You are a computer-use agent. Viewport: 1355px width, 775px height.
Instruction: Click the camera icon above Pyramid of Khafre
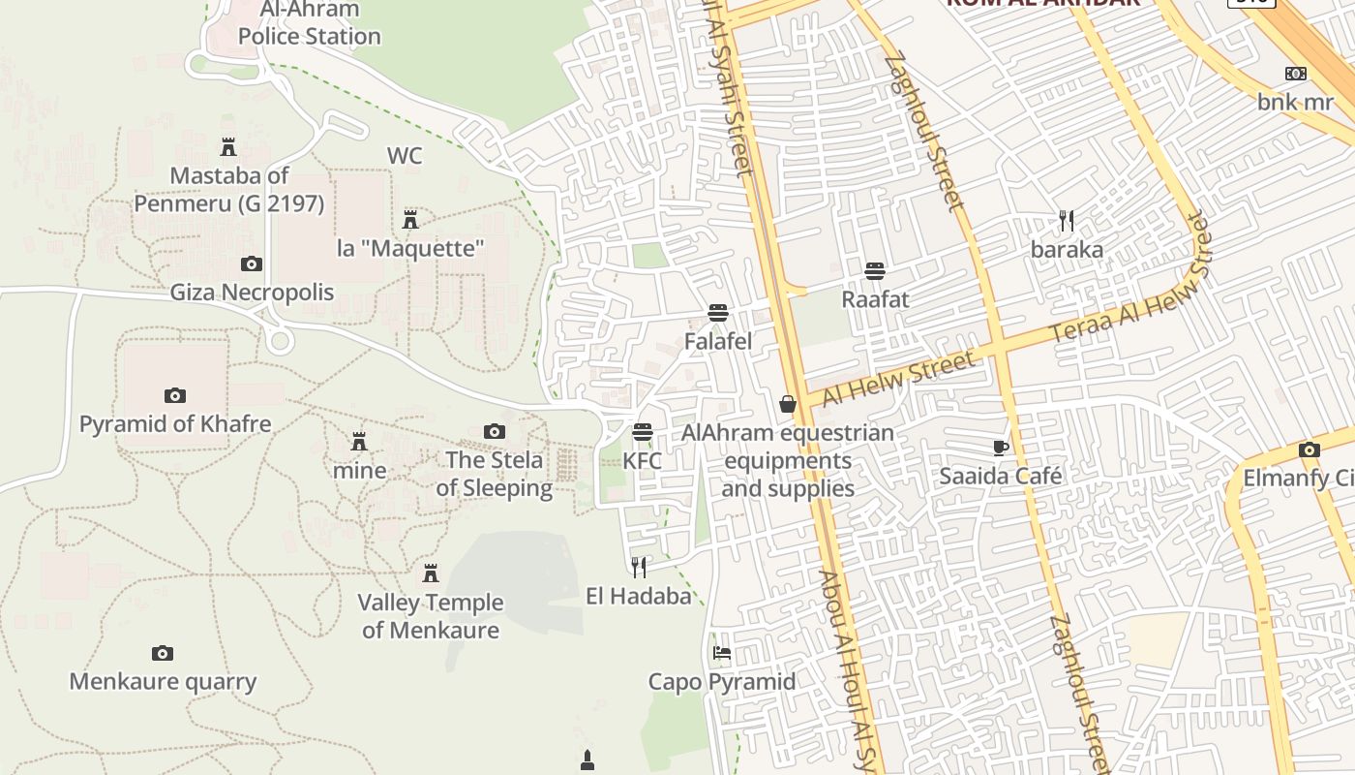click(174, 395)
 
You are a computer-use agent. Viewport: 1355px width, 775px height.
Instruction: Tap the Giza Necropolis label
click(252, 293)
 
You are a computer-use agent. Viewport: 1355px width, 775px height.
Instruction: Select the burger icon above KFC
click(643, 431)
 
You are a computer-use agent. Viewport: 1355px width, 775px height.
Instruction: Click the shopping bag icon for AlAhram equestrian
click(788, 404)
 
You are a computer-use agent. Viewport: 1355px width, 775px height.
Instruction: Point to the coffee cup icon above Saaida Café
click(1001, 448)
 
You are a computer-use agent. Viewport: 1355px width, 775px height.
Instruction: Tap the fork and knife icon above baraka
click(1067, 221)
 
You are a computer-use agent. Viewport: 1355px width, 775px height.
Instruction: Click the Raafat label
click(875, 299)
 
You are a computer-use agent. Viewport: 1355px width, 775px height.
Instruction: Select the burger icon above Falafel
click(718, 313)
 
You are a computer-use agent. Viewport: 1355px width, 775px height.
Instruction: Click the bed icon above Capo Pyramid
click(722, 653)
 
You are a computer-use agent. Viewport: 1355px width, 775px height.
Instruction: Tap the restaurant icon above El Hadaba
click(639, 567)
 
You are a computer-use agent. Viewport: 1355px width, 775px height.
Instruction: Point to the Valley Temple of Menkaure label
click(431, 616)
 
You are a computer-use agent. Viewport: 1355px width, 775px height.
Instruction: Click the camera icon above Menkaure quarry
click(163, 654)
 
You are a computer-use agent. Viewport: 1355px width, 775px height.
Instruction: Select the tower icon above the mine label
click(359, 442)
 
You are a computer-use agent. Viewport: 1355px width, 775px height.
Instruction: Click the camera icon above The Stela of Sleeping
click(495, 431)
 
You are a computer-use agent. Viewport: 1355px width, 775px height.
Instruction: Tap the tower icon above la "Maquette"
click(410, 219)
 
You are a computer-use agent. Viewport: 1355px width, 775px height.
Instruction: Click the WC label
click(405, 156)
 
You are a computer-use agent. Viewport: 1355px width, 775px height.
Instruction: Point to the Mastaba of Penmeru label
click(229, 190)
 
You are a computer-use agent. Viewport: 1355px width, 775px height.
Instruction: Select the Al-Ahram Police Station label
click(309, 23)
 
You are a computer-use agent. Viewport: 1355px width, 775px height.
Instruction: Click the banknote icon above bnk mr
click(1296, 74)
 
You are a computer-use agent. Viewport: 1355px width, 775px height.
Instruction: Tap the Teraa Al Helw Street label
click(1130, 291)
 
